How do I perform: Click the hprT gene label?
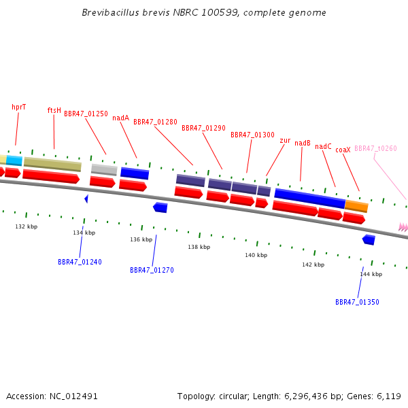[x=19, y=107]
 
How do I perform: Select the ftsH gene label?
[x=54, y=110]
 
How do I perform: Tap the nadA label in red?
[x=121, y=118]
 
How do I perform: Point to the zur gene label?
[x=285, y=141]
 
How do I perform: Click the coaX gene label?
[x=343, y=150]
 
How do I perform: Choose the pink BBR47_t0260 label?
[x=375, y=148]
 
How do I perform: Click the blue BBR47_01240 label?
[x=80, y=262]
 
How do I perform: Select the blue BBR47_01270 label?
[x=152, y=270]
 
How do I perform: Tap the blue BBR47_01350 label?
[x=357, y=302]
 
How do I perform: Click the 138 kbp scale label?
[x=199, y=247]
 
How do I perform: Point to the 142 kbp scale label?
[x=313, y=265]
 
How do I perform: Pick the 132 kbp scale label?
[x=27, y=226]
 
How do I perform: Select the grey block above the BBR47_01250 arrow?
[x=104, y=169]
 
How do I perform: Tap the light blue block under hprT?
[x=14, y=160]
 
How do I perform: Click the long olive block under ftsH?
[x=52, y=164]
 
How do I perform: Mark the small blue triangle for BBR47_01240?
[x=86, y=199]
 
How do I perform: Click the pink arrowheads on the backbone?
[x=403, y=227]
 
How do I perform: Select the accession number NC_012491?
[x=73, y=396]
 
